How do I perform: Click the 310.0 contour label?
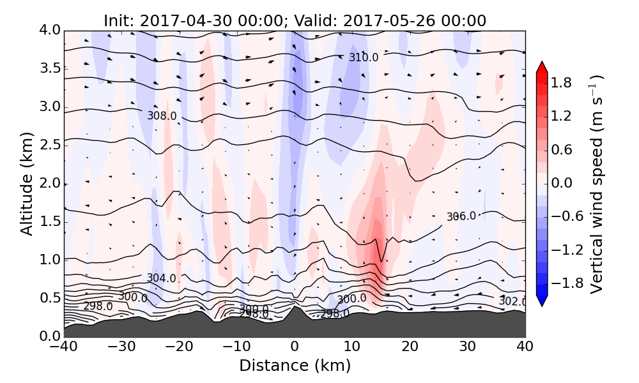click(364, 57)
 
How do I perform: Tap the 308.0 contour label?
click(162, 116)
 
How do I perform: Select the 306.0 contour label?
click(461, 216)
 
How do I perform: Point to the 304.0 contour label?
click(161, 278)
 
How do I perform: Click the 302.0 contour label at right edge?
click(512, 301)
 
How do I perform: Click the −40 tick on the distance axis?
click(64, 347)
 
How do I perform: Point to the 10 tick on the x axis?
click(352, 347)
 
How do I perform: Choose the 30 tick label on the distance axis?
click(468, 347)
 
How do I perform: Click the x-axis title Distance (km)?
click(295, 366)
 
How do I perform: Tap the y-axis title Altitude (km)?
click(27, 183)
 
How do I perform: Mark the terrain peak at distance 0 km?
click(294, 308)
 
